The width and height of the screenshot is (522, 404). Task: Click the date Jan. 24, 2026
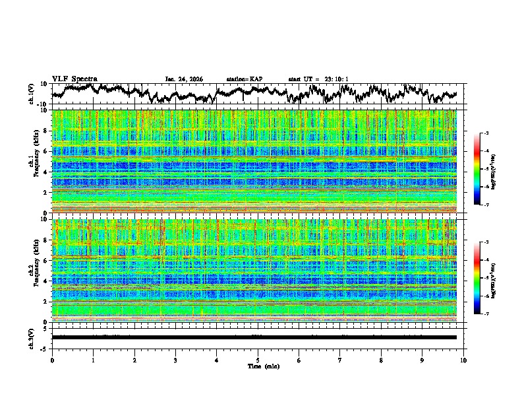184,79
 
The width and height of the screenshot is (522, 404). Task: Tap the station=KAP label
245,79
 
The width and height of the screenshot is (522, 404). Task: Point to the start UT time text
318,79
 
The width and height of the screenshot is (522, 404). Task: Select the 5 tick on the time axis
258,360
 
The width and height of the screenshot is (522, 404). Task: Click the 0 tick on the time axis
52,360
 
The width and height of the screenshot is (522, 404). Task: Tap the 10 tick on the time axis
463,360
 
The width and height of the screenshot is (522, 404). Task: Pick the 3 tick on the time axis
175,360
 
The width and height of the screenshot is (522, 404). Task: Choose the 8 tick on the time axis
381,360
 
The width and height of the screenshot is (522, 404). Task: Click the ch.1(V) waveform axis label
32,94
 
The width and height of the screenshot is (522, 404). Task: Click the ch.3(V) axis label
32,337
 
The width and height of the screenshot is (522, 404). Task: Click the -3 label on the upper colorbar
485,134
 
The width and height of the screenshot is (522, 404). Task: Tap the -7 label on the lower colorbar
485,314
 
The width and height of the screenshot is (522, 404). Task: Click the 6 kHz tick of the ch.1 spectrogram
47,151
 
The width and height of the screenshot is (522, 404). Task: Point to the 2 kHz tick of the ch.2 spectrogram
47,302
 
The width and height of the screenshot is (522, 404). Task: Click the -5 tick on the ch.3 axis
47,348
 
